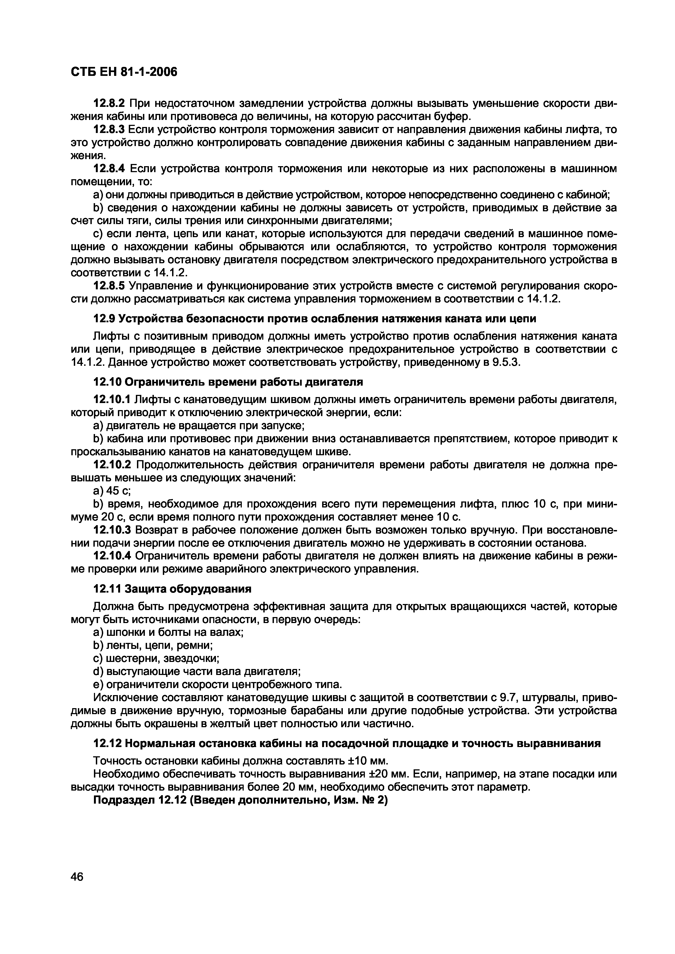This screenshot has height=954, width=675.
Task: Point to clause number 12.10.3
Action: coord(112,530)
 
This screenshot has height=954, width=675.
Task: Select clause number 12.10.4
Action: coord(112,556)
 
